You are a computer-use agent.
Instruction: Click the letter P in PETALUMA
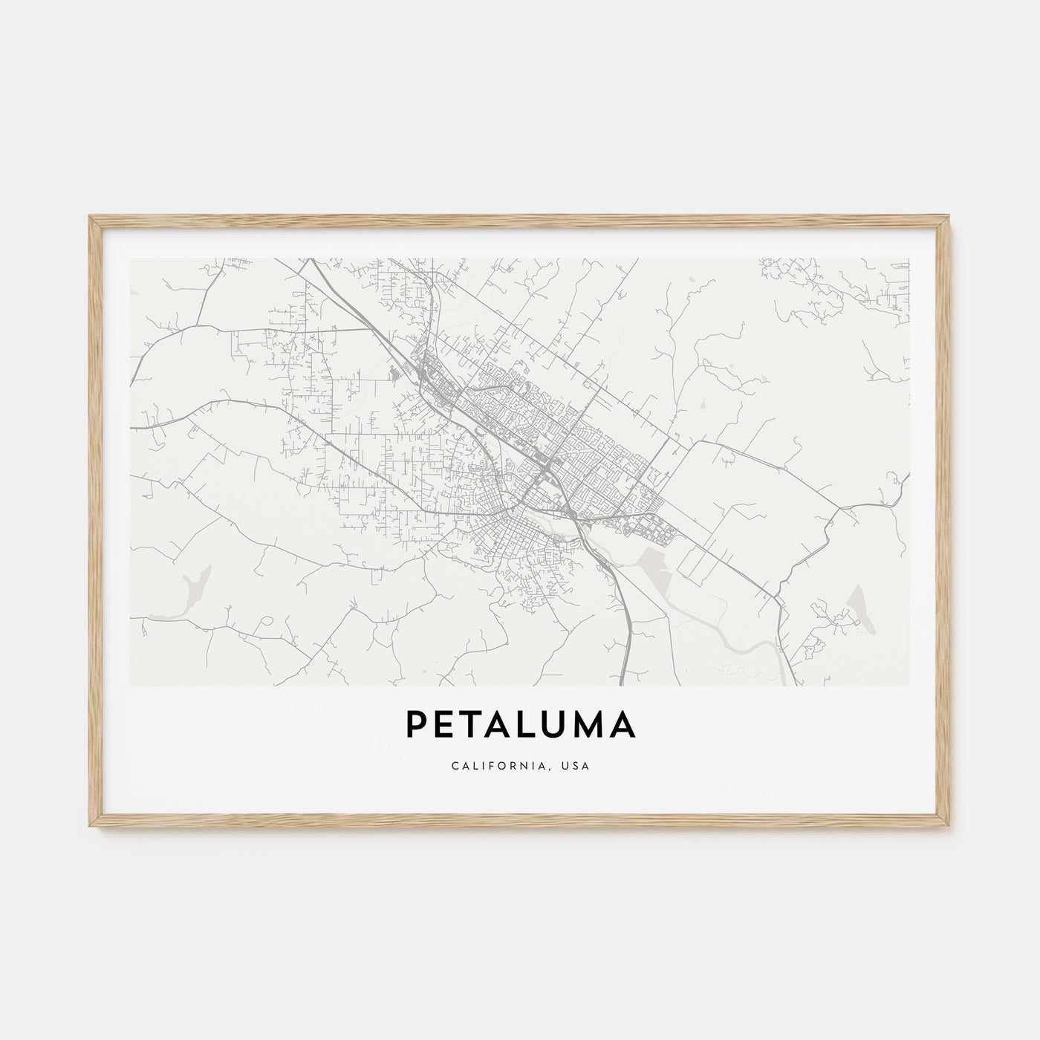coord(417,726)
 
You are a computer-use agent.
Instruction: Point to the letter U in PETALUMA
coord(562,726)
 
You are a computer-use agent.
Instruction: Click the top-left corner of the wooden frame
coord(91,217)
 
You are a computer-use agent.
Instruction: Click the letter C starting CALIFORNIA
coord(453,765)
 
